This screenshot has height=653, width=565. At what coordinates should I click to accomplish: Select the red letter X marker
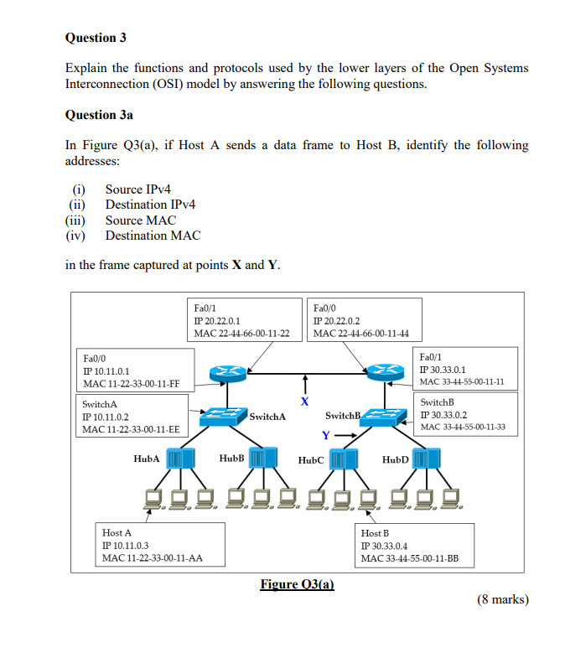tap(305, 402)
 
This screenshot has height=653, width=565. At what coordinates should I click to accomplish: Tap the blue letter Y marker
tap(325, 435)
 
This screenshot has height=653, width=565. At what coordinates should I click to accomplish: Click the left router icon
tap(224, 373)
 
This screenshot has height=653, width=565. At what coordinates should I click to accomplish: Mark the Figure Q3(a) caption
tap(297, 583)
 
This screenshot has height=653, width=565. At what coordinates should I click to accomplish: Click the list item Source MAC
tap(140, 220)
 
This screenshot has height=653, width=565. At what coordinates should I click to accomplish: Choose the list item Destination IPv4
tap(150, 205)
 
